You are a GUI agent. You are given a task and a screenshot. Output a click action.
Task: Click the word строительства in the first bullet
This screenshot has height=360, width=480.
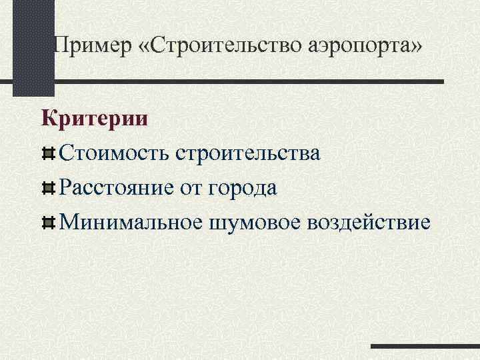click(248, 153)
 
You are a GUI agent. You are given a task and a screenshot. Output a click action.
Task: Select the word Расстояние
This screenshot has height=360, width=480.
click(117, 187)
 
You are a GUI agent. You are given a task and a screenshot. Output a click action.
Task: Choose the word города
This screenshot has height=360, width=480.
click(243, 187)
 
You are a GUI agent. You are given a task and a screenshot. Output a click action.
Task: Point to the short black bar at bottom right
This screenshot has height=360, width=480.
click(425, 347)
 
